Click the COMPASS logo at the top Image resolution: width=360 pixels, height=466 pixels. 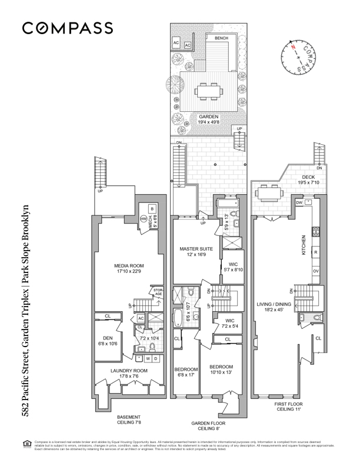tap(68, 28)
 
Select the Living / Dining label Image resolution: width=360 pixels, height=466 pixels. tap(275, 307)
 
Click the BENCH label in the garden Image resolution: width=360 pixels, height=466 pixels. tap(221, 38)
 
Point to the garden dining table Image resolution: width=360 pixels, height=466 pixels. tap(209, 92)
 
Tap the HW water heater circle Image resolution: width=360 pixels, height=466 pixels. tap(143, 219)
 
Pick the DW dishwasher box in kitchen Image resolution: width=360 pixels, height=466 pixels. tap(299, 202)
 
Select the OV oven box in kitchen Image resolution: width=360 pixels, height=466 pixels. tap(315, 271)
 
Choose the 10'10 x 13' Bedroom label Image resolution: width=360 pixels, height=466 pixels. tap(221, 369)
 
